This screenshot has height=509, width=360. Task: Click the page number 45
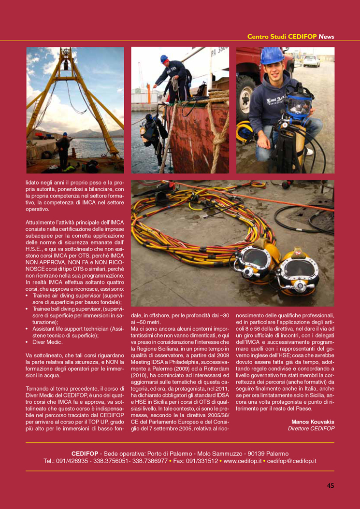point(330,485)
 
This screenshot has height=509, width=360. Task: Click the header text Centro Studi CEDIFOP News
point(290,36)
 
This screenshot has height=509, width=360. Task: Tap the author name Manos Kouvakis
point(313,422)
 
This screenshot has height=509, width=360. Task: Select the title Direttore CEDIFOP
point(311,428)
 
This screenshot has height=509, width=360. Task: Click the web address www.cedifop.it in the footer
point(243,461)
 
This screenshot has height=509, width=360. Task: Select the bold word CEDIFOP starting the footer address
point(85,454)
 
